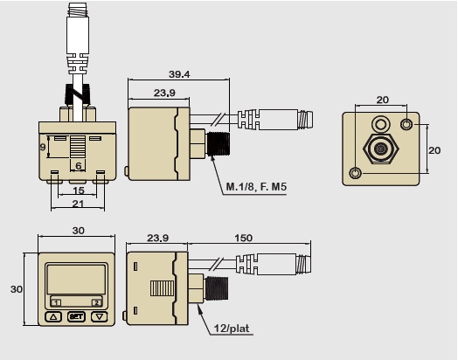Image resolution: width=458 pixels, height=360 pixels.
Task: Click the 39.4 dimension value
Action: tap(179, 74)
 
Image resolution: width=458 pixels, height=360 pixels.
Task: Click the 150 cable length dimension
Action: tap(243, 238)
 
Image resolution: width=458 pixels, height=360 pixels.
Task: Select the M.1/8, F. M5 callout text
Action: tap(256, 186)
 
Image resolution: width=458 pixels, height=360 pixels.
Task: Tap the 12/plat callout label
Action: tap(232, 329)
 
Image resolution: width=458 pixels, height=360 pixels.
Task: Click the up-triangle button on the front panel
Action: tap(53, 317)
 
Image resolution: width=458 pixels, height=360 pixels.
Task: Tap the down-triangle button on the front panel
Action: tap(100, 317)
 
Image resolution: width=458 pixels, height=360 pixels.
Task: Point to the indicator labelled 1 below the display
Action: tap(56, 302)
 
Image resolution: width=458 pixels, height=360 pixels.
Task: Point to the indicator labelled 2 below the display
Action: tap(96, 302)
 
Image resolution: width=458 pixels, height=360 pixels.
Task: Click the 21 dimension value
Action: tap(78, 204)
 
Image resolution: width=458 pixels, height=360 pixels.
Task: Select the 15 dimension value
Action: tap(79, 190)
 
